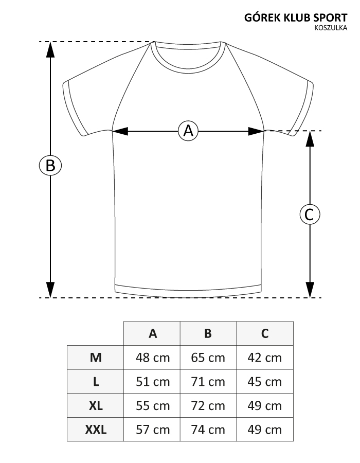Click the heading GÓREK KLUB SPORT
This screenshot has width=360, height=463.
pos(296,17)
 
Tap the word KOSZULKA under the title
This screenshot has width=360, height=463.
pos(331,28)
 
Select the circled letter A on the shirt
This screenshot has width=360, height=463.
pos(188,131)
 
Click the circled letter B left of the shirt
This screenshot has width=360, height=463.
pos(50,165)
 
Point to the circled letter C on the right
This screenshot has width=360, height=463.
pos(310,215)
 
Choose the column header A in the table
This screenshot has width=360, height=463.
pos(153,333)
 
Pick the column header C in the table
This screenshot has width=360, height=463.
pos(265,333)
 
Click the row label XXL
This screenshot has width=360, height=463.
pos(96,430)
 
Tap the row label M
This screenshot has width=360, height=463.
pos(96,358)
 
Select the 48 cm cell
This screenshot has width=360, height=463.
pos(153,358)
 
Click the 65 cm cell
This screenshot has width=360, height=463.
pos(208,358)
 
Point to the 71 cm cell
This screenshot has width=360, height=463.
pos(208,382)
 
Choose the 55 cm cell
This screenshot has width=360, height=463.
pos(153,406)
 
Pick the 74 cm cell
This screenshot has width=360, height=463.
pos(208,430)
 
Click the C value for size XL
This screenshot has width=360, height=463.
pos(265,406)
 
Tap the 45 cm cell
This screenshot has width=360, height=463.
pos(265,382)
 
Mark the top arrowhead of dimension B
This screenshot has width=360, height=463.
pos(50,49)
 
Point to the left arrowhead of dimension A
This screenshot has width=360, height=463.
pos(120,131)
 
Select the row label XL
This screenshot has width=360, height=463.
pos(96,406)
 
